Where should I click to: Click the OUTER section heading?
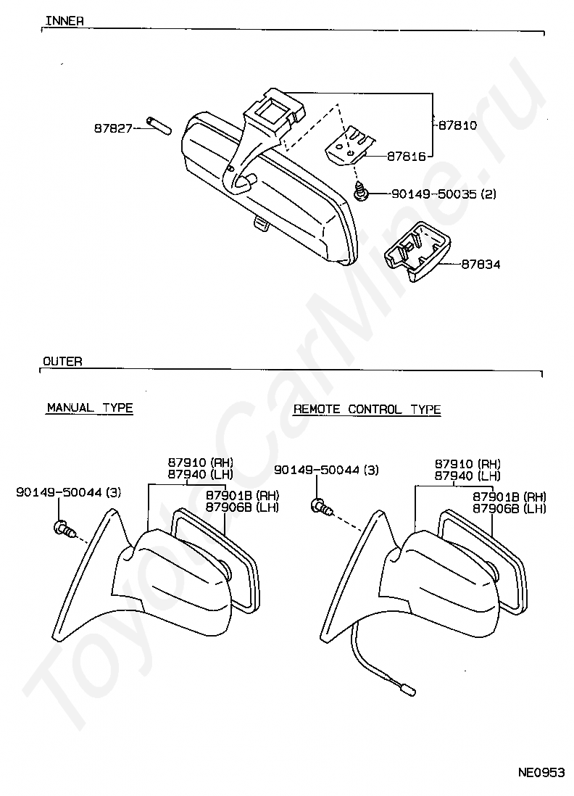pyautogui.click(x=62, y=361)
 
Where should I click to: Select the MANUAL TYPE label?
pyautogui.click(x=90, y=408)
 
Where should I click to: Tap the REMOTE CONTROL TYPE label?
pyautogui.click(x=367, y=410)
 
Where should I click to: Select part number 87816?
pyautogui.click(x=406, y=156)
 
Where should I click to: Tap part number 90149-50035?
pyautogui.click(x=434, y=194)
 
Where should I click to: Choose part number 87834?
pyautogui.click(x=481, y=265)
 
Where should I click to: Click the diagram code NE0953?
pyautogui.click(x=540, y=773)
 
